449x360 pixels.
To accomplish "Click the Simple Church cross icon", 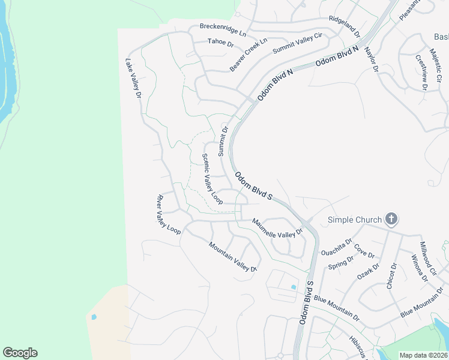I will click(391, 218).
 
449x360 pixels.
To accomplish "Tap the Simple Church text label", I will click(354, 220).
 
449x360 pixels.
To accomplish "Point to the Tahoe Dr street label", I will click(220, 42).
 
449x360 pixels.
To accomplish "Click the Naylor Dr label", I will click(371, 60).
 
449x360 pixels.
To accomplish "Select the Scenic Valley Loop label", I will click(212, 179).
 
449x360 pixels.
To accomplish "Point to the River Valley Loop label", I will click(168, 214).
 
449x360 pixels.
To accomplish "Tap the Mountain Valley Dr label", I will click(233, 256).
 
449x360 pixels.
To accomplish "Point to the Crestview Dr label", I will click(421, 72).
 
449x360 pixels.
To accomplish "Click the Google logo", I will click(20, 353).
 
